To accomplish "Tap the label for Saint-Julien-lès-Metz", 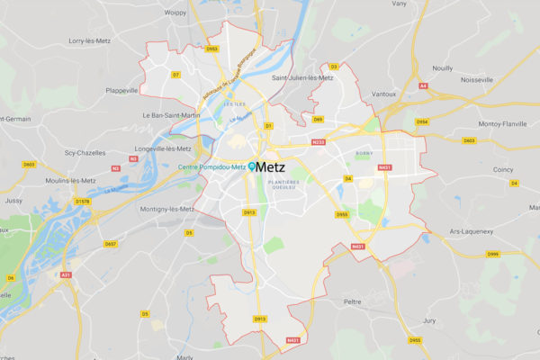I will coord(302,78).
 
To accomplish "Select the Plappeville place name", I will coord(121,90).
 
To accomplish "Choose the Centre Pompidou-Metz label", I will coord(211,167).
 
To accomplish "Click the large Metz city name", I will coord(271,166).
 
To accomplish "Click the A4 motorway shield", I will coord(423,87).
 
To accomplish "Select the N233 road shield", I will coord(317,142).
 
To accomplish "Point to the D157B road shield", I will coord(82,202).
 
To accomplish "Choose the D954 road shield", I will coord(422,121).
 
